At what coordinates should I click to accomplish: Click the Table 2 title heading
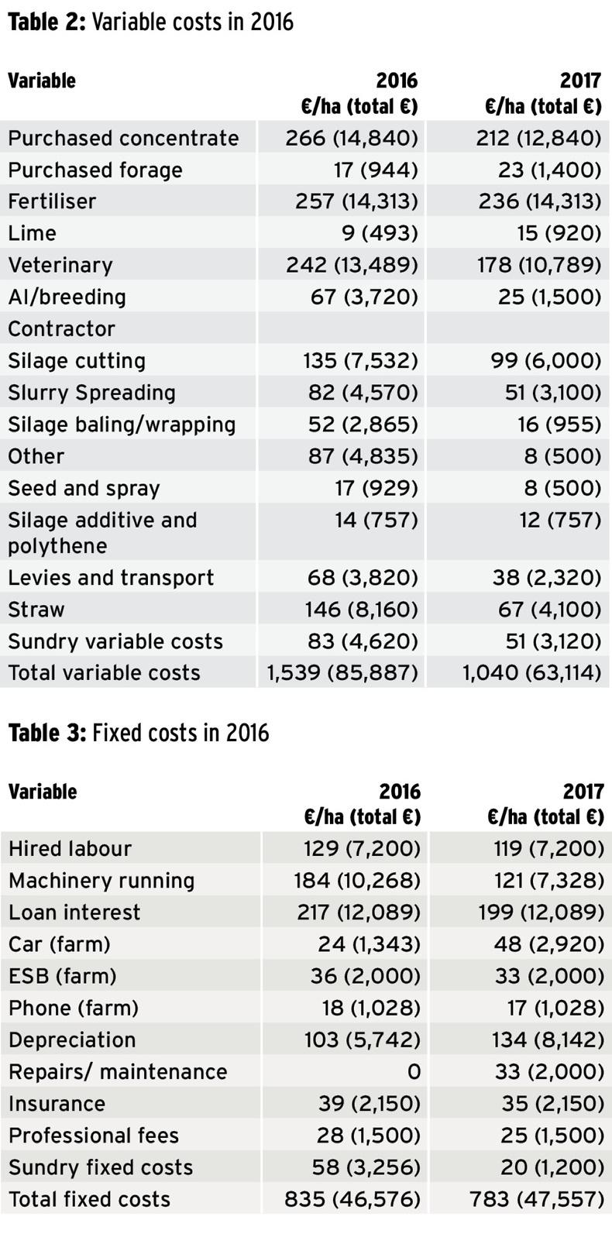pyautogui.click(x=151, y=22)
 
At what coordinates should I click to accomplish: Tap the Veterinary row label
pyautogui.click(x=60, y=265)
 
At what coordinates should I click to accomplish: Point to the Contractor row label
pyautogui.click(x=62, y=328)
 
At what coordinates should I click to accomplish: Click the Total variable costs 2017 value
pyautogui.click(x=531, y=672)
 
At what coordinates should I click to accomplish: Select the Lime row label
pyautogui.click(x=33, y=233)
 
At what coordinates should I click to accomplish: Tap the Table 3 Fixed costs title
pyautogui.click(x=139, y=733)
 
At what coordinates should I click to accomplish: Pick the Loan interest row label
pyautogui.click(x=74, y=912)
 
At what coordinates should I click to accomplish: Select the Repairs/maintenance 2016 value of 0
pyautogui.click(x=414, y=1072)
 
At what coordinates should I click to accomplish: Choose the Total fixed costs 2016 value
pyautogui.click(x=352, y=1200)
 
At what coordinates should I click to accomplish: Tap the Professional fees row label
pyautogui.click(x=94, y=1136)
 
